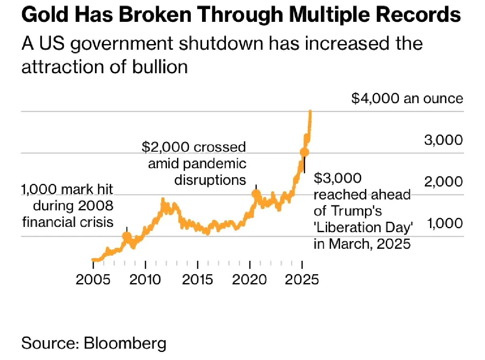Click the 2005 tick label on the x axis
93,280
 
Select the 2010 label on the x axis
145,280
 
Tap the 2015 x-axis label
198,280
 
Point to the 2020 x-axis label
250,280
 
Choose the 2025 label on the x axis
302,280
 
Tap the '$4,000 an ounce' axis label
407,99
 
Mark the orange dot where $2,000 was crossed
256,194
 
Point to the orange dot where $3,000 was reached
304,152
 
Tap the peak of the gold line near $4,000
310,111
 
